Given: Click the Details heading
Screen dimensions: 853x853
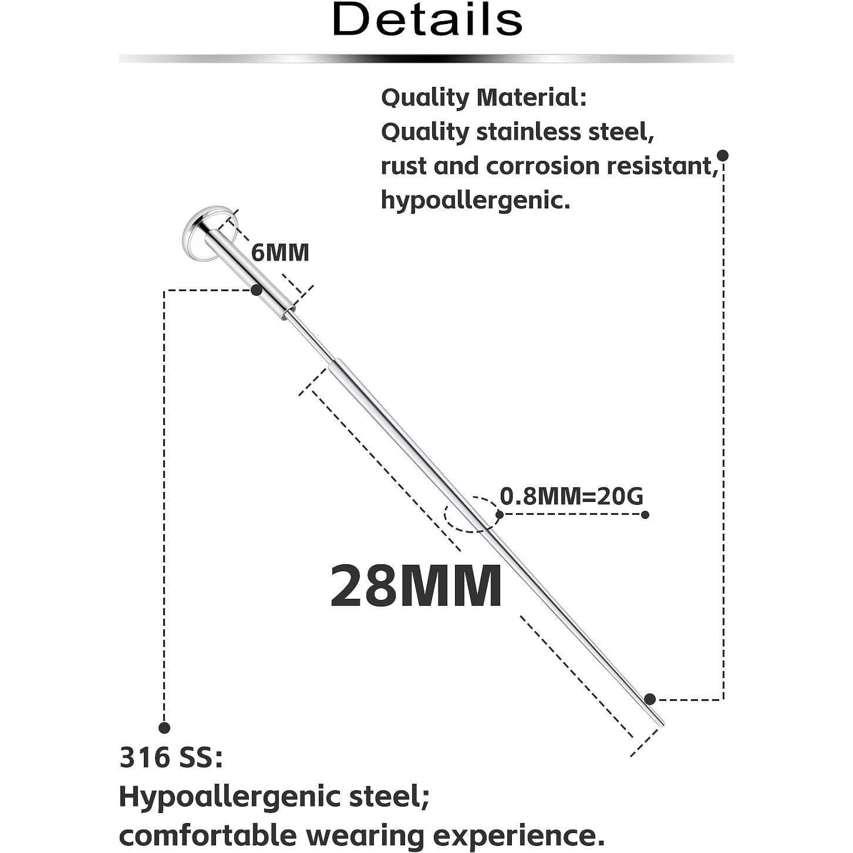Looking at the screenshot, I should (x=427, y=19).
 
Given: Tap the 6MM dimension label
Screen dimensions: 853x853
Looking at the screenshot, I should (x=280, y=252).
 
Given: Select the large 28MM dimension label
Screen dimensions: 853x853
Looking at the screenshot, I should (x=416, y=586).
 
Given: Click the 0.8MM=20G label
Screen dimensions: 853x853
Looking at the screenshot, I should (x=571, y=497).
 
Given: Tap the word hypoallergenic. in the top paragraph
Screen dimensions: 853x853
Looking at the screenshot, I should (x=476, y=200).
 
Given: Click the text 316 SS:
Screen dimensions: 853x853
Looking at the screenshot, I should (x=171, y=757).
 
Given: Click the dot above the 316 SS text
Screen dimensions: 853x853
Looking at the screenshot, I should (x=164, y=728).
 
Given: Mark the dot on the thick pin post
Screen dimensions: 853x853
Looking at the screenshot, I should (x=257, y=290).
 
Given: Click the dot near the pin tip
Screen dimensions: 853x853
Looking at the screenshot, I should (x=649, y=699).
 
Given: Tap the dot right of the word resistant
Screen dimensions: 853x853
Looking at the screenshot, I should (x=723, y=156).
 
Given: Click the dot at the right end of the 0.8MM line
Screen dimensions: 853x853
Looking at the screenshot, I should (x=645, y=515).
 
